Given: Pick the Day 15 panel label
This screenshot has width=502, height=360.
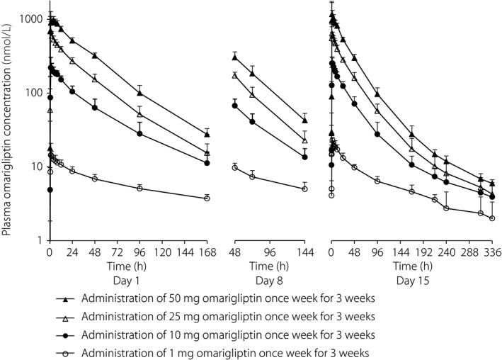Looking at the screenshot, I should coord(411,281).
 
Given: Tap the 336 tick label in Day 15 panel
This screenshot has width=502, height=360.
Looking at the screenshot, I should coord(491,253).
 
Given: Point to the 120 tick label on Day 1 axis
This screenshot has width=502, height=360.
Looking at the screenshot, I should coord(161,253).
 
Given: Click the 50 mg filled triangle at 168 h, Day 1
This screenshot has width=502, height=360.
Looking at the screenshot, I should coord(207,133).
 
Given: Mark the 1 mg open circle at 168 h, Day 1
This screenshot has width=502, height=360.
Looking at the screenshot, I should coord(207,198).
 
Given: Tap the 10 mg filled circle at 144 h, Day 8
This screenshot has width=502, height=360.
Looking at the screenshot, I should coord(304,157).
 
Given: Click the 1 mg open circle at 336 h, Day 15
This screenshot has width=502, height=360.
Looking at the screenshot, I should coord(491,218).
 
